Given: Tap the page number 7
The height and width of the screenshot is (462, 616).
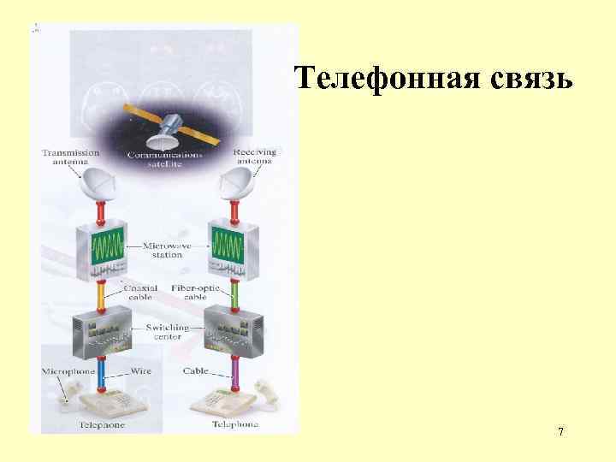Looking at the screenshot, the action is coord(560,432).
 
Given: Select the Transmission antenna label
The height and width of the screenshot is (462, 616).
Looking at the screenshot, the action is coord(70,157).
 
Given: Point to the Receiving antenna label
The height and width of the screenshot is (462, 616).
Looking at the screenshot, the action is coord(255,157).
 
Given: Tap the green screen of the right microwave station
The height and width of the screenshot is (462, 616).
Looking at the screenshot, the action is coord(231,246).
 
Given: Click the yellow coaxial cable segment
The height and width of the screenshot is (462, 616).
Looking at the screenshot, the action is coord(101,296).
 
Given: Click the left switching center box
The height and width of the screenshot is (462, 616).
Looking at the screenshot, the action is coord(102,329).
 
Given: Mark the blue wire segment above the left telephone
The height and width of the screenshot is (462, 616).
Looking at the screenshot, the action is coord(102,373).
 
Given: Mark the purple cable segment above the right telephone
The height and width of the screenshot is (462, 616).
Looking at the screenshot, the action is coord(234,373).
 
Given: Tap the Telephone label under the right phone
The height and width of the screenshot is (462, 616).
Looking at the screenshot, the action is coord(235,424).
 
